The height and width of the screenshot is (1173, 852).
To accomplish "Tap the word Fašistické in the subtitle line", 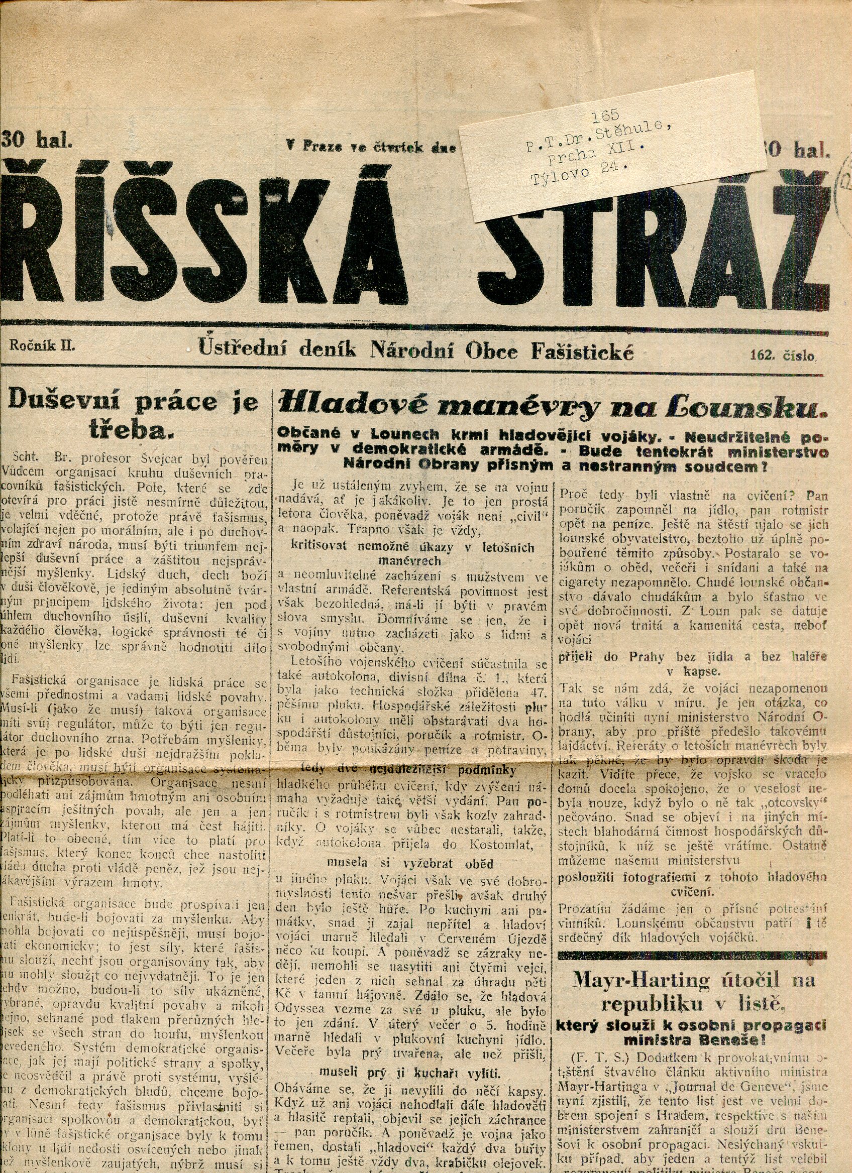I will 582,352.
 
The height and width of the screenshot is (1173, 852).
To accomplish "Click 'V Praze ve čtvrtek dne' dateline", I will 371,148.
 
